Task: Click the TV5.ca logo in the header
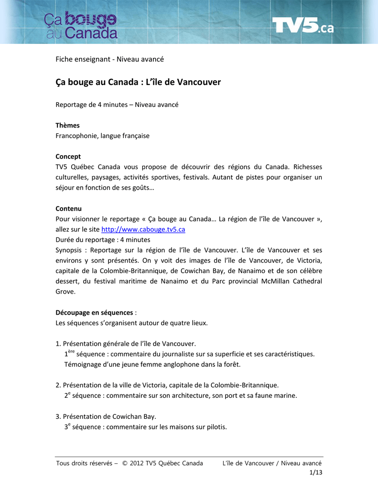pos(302,25)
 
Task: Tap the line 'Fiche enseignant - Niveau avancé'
pos(109,59)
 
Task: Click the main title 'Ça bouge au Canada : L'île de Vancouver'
pos(138,82)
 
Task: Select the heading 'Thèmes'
pos(67,125)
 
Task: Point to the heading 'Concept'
pos(68,156)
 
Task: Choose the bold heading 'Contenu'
pos(68,209)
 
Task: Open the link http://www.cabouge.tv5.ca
pos(143,230)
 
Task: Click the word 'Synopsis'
pos(68,250)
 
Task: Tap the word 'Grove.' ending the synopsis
pos(65,291)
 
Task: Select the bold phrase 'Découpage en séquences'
pos(94,312)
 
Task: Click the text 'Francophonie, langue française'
pos(102,136)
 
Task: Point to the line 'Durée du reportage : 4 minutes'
pos(103,240)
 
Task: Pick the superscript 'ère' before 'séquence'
pos(70,352)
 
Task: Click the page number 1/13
pos(316,473)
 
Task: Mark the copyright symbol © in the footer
pos(125,463)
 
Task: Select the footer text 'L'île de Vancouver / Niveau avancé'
pos(272,463)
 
